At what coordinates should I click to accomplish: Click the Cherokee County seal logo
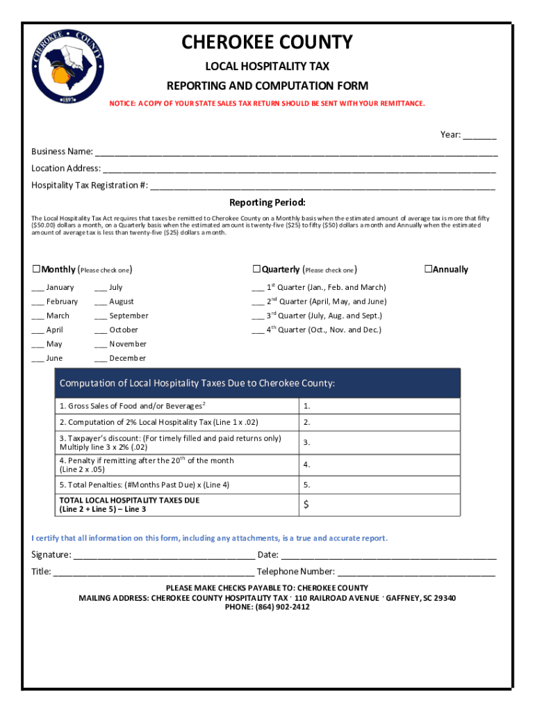pyautogui.click(x=67, y=67)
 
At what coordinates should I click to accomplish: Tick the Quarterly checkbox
pyautogui.click(x=256, y=269)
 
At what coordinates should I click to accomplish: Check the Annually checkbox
pyautogui.click(x=428, y=269)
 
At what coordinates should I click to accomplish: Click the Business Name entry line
pyautogui.click(x=296, y=153)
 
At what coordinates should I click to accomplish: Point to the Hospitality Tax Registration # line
pyautogui.click(x=322, y=186)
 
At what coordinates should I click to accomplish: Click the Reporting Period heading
pyautogui.click(x=267, y=203)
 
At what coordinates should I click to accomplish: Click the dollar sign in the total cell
pyautogui.click(x=306, y=504)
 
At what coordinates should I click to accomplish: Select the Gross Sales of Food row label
pyautogui.click(x=132, y=406)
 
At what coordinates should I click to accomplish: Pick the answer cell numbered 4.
pyautogui.click(x=379, y=464)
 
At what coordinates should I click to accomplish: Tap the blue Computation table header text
pyautogui.click(x=197, y=383)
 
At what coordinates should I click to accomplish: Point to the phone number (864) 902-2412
pyautogui.click(x=267, y=607)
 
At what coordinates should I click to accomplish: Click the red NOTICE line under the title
pyautogui.click(x=267, y=104)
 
